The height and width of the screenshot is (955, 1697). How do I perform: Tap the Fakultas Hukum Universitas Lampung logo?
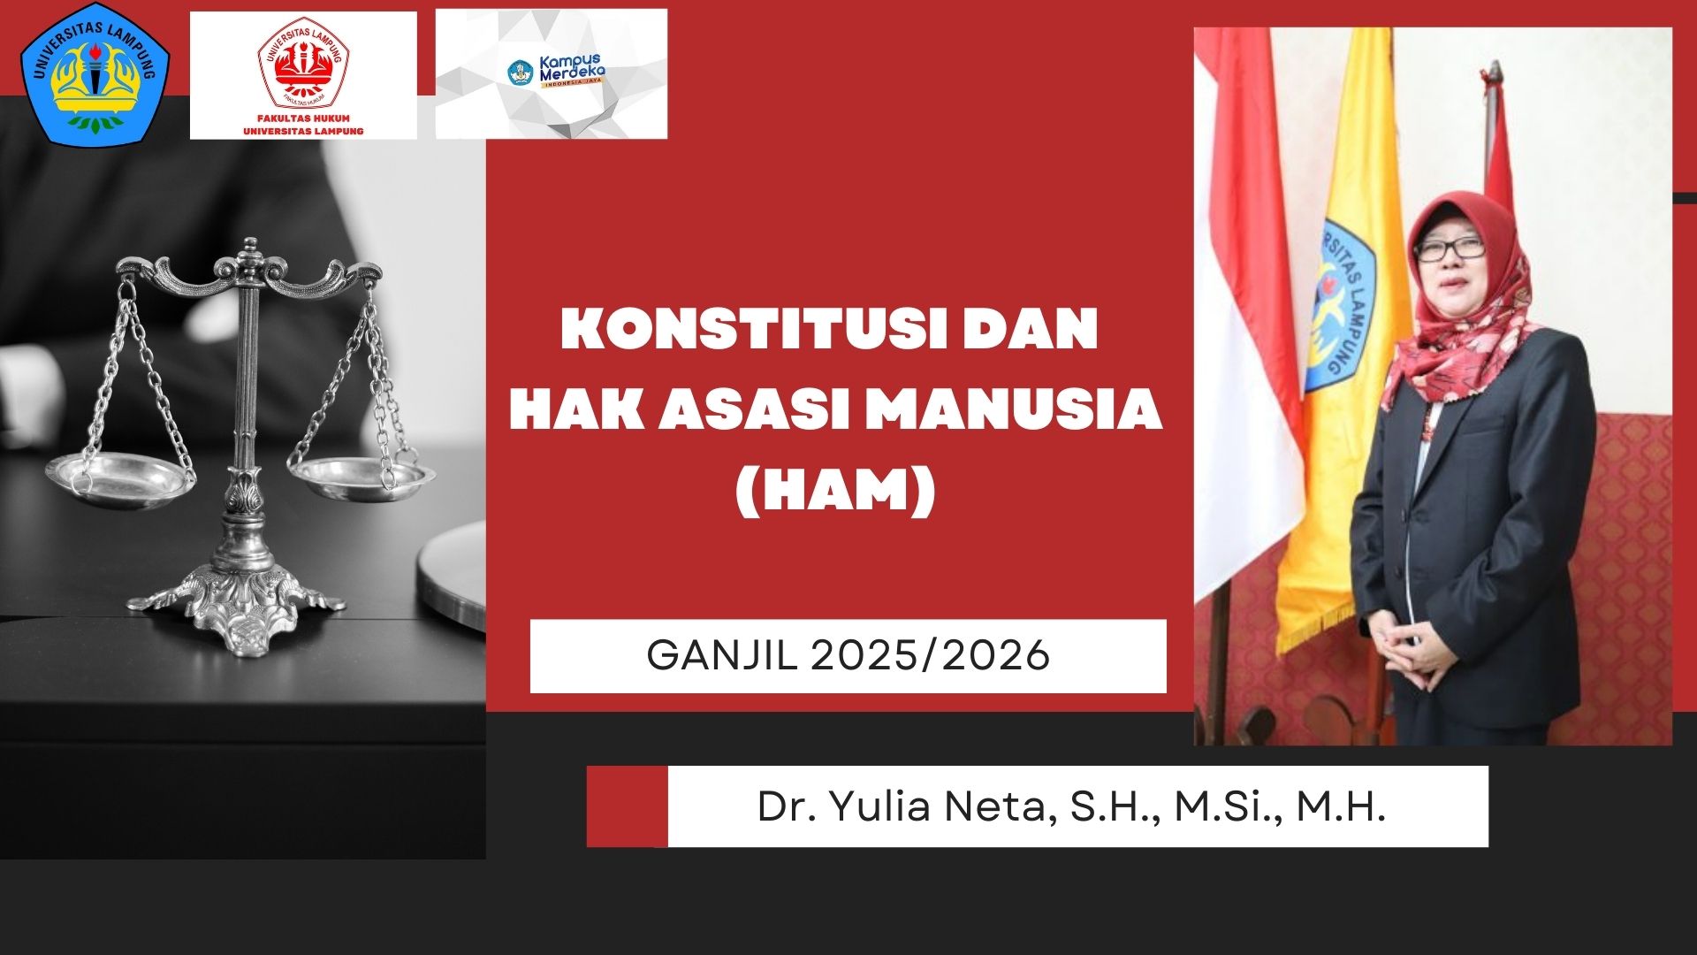pos(303,75)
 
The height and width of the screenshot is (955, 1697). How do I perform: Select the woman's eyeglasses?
pos(1449,250)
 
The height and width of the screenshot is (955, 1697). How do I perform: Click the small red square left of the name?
pos(627,806)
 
